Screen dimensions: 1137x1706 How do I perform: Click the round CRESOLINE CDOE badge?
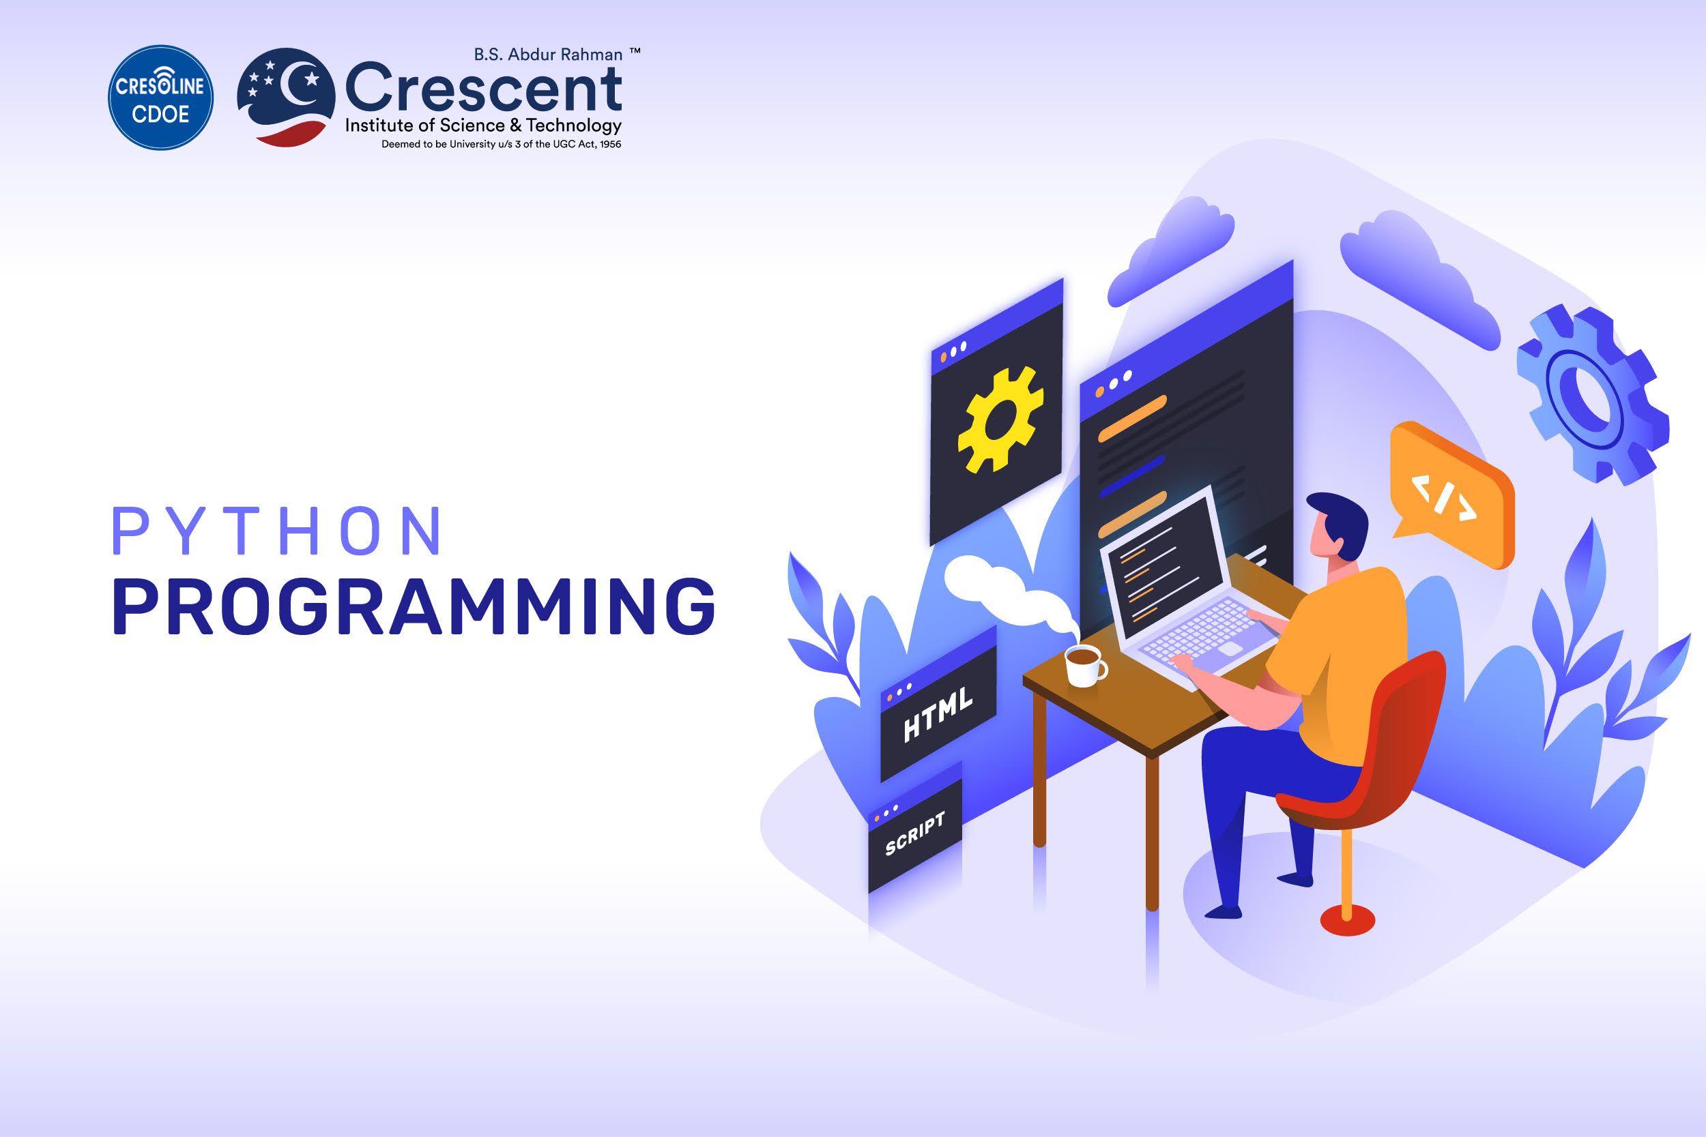(160, 98)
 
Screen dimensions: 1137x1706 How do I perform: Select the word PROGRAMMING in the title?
(414, 607)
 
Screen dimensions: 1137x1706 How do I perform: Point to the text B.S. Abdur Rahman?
(548, 55)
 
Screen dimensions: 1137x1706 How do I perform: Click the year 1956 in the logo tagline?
(610, 145)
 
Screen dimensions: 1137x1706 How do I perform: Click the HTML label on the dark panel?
(938, 715)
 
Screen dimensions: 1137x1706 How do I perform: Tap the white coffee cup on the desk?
(1084, 665)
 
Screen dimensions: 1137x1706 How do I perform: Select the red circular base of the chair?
(1347, 920)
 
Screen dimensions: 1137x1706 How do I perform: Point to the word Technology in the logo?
(574, 126)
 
